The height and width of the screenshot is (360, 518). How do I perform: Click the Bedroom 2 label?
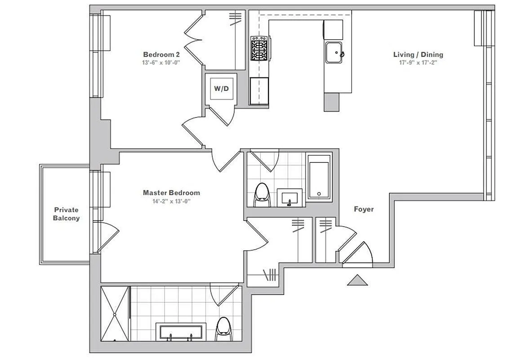tap(161, 55)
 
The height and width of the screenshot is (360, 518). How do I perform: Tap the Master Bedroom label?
tap(171, 193)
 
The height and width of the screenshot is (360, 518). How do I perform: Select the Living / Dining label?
tap(418, 55)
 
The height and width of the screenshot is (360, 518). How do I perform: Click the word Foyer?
tap(363, 209)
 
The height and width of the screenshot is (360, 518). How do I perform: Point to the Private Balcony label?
tap(67, 214)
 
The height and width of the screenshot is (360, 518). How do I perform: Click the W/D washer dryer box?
tap(221, 89)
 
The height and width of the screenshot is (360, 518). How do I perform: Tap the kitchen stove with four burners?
tap(259, 48)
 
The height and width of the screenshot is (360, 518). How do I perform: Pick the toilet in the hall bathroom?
tap(261, 194)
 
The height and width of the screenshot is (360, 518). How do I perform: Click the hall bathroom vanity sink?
tap(290, 198)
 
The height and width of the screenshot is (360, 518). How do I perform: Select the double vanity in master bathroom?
tap(181, 332)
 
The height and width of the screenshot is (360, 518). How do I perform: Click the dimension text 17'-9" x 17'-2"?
tap(418, 63)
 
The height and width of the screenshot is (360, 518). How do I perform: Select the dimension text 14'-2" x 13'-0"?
tap(171, 201)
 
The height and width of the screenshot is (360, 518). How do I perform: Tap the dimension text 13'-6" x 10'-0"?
tap(161, 63)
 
